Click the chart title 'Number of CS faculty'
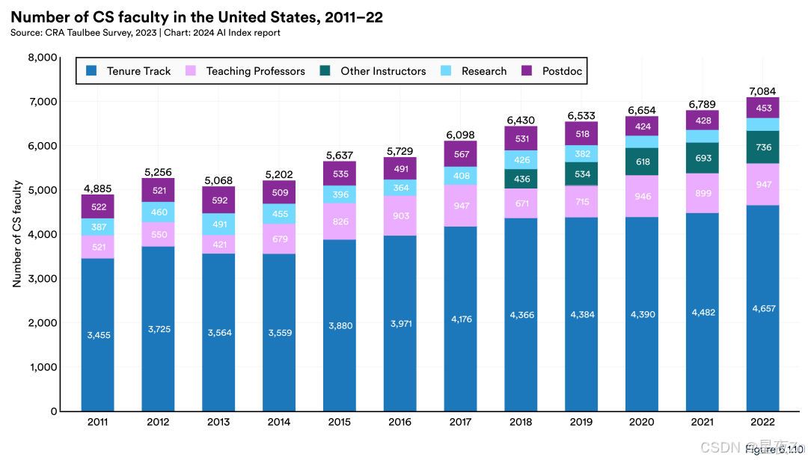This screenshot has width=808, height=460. [x=196, y=16]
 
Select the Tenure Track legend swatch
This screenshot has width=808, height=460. [x=92, y=71]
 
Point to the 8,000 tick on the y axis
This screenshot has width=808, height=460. [x=43, y=58]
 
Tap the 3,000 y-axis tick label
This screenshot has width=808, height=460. [x=43, y=278]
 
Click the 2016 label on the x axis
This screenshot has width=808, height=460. [x=400, y=423]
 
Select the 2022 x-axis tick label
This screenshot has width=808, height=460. [x=762, y=423]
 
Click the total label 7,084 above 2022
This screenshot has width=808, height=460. [x=762, y=91]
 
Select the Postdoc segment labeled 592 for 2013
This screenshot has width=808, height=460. [x=219, y=200]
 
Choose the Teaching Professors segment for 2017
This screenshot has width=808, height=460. [x=461, y=206]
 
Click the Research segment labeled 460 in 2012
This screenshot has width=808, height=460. [x=159, y=212]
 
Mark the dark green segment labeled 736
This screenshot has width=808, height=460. [x=762, y=147]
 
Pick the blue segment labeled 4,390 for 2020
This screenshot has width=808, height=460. [x=642, y=314]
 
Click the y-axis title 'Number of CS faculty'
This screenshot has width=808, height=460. [x=16, y=234]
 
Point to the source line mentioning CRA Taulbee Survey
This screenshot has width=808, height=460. [x=146, y=33]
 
